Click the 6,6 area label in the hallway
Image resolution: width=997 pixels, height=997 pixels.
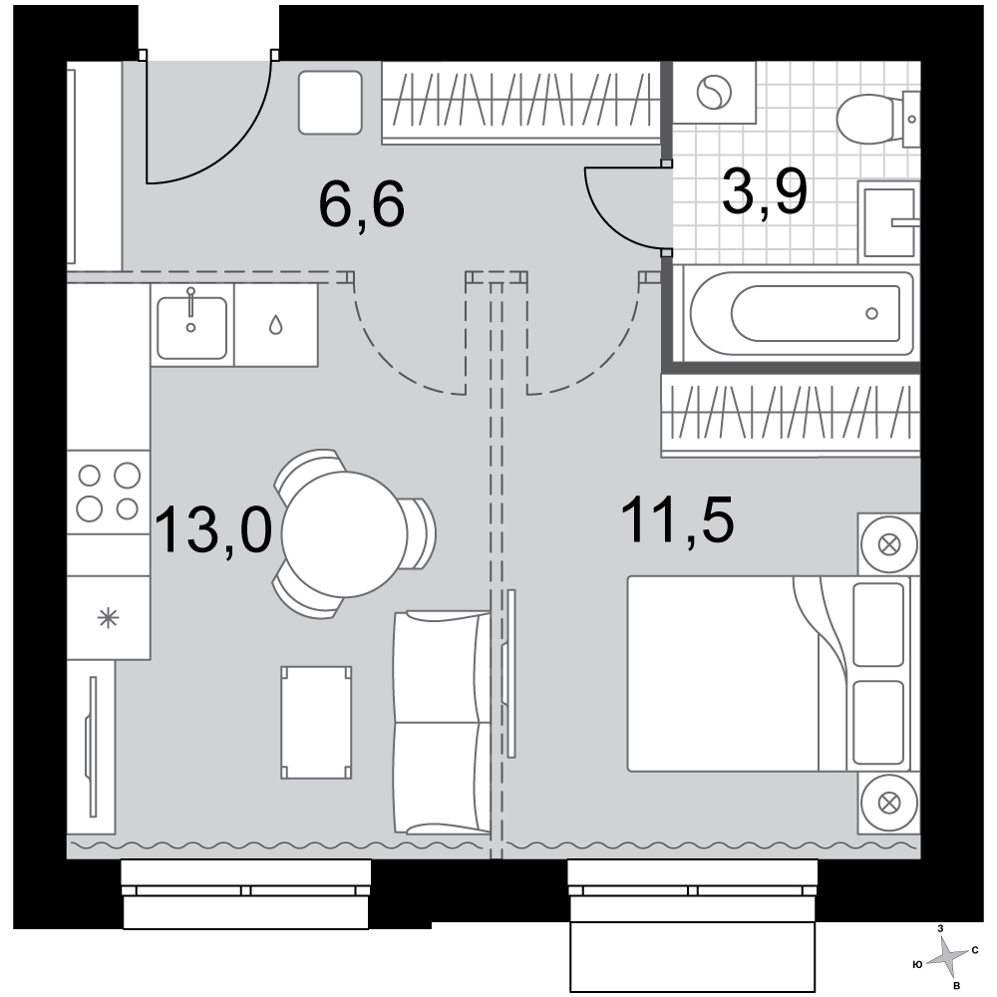361,204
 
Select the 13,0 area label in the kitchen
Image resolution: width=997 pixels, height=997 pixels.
213,530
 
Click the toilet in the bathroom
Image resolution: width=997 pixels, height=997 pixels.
877,119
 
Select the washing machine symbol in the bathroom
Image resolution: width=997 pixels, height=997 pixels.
714,92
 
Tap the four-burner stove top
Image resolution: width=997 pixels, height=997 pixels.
108,493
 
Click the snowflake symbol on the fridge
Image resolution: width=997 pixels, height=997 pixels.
108,617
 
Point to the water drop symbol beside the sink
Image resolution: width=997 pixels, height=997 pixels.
275,326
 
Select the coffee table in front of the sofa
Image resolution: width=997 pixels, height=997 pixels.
316,722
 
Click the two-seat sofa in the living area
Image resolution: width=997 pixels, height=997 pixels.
443,722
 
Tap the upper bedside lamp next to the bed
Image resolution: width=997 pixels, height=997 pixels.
889,545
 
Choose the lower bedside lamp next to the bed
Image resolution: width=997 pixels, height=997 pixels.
889,803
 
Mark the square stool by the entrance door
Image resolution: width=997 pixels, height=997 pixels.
330,103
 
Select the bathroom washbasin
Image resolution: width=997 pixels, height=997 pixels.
888,222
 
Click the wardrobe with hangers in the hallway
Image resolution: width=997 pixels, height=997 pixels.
521,103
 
